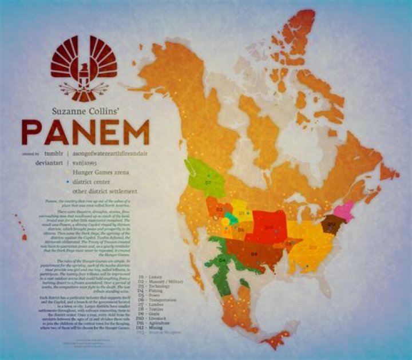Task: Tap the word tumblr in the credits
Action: pos(52,153)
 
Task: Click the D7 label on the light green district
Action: pos(208,181)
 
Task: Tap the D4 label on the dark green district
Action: pos(221,260)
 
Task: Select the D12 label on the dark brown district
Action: pos(331,224)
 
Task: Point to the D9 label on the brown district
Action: pos(254,252)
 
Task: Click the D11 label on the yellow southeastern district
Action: pos(313,247)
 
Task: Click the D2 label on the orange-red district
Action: pos(219,209)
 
